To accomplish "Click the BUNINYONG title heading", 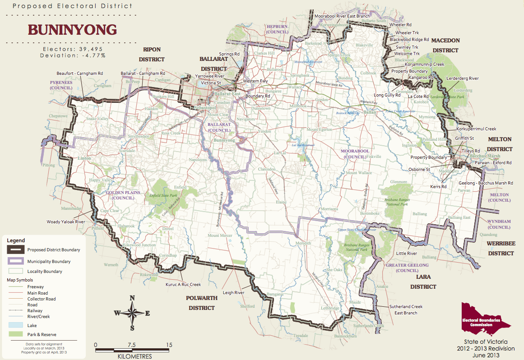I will point(72,30).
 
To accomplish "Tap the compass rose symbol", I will point(132,313).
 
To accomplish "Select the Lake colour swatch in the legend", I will point(15,325).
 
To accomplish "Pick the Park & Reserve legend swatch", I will point(15,334).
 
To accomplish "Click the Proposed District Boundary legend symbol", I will point(15,249).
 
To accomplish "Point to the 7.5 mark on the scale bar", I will point(132,345).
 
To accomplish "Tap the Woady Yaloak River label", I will point(66,222).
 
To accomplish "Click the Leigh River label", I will point(233,293).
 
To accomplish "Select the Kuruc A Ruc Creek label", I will point(183,285).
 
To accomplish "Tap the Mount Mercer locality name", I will point(220,235).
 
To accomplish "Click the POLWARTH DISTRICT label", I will point(202,303).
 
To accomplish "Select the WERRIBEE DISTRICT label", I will point(501,248).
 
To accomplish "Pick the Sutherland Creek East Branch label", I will point(406,309).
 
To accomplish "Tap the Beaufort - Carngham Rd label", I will point(79,73).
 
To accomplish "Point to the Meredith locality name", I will point(303,243).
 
